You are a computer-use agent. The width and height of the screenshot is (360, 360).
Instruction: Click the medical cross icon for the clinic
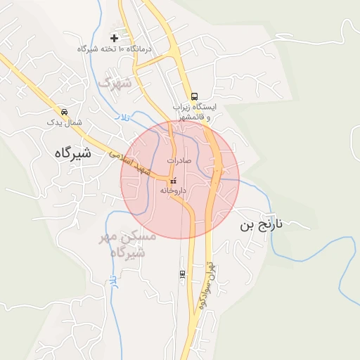point(114,37)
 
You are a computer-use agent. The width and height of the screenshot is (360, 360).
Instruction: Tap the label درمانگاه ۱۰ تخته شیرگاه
point(114,49)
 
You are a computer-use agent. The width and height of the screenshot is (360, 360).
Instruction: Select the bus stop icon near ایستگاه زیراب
point(194,97)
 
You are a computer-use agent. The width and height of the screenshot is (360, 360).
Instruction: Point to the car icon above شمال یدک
point(65,112)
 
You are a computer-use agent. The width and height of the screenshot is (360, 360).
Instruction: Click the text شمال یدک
point(65,123)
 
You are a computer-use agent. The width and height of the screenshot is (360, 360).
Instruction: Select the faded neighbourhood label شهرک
point(115,83)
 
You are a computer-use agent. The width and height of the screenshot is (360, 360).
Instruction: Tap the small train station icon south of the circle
point(182,274)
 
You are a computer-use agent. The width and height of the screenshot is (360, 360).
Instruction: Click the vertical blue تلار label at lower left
point(112,284)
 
